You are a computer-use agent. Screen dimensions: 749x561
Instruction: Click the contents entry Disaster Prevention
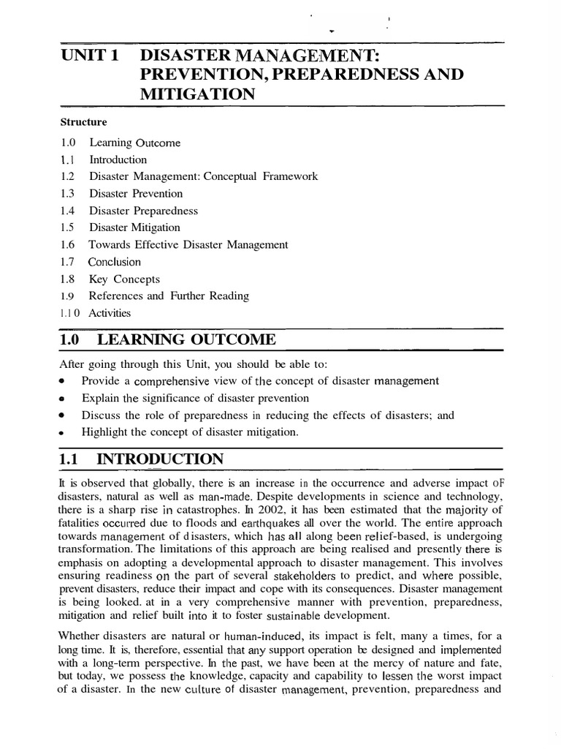coord(136,194)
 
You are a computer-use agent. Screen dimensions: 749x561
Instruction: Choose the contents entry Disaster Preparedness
coord(143,211)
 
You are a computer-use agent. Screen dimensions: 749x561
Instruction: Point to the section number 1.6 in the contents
coord(68,245)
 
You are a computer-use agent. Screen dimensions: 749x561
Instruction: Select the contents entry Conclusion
coord(115,262)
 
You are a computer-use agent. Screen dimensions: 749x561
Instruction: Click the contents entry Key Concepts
coord(124,279)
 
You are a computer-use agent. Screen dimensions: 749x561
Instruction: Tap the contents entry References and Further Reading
coord(169,296)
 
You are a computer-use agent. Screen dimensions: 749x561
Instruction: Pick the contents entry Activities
coord(110,313)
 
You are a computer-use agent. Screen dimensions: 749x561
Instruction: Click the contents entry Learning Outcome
coord(134,143)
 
